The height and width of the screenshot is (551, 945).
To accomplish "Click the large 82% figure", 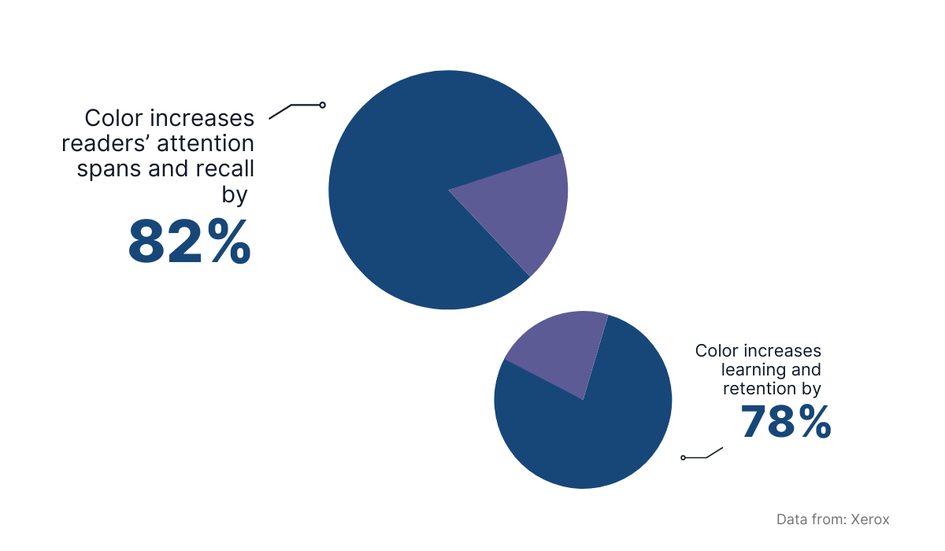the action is (190, 242).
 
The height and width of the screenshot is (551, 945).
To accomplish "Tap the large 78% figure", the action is (786, 422).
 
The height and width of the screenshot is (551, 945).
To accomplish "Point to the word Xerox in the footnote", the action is (870, 520).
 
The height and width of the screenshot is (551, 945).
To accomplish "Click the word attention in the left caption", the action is (206, 143).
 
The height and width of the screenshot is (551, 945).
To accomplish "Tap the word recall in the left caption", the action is (225, 168).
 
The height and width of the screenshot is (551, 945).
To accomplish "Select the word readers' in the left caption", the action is (106, 143).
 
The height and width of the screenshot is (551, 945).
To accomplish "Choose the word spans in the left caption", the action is (109, 169).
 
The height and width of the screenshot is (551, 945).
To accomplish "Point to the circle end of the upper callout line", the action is (322, 105).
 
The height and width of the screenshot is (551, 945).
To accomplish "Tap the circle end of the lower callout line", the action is (683, 458).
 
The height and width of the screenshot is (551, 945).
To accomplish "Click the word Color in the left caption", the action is (113, 118).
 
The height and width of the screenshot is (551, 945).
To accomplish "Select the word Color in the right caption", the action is (717, 351).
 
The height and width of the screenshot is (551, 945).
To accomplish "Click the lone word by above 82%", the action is (235, 194).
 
